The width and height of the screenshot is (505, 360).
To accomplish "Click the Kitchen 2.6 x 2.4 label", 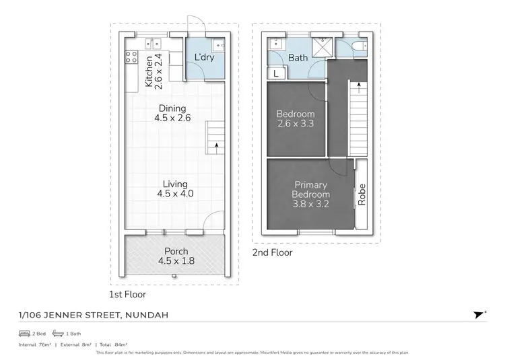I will [x=154, y=71].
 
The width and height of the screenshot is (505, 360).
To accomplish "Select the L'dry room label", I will [x=205, y=58].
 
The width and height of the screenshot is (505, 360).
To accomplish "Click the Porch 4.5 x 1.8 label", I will [x=176, y=256].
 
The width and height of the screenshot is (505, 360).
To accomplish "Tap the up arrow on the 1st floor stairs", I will [x=215, y=144].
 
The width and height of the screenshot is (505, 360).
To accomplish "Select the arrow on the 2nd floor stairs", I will [x=358, y=86].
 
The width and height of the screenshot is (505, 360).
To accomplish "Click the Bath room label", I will [x=298, y=58].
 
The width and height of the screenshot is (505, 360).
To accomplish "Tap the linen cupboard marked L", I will [x=276, y=73].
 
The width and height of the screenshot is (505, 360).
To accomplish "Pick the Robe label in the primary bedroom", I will [x=362, y=194].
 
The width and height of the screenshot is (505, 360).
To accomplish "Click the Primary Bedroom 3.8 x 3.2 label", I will [x=310, y=194].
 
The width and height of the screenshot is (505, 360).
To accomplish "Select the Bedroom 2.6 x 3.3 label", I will [x=295, y=118].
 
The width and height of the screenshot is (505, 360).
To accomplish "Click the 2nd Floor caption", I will [x=273, y=253].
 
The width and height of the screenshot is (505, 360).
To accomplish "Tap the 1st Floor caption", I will [x=127, y=294].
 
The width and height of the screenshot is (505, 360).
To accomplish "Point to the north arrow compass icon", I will [x=479, y=314].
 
